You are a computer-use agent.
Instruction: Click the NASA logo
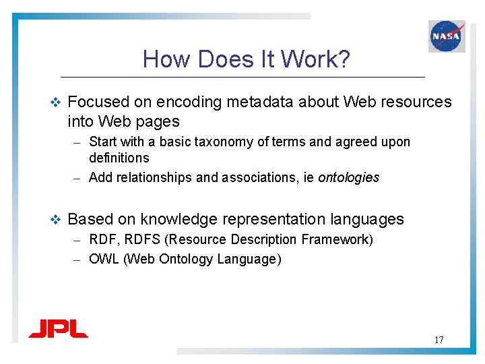pyautogui.click(x=447, y=36)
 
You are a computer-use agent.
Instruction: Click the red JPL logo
pyautogui.click(x=58, y=330)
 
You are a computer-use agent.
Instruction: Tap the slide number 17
pyautogui.click(x=439, y=340)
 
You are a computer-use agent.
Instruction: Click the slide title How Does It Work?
pyautogui.click(x=246, y=60)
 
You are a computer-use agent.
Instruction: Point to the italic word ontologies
pyautogui.click(x=348, y=178)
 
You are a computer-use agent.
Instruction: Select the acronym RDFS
pyautogui.click(x=143, y=240)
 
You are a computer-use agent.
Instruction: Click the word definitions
pyautogui.click(x=119, y=158)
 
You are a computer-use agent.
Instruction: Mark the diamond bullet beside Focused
pyautogui.click(x=56, y=102)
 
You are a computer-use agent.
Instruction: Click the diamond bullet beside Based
pyautogui.click(x=56, y=220)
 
